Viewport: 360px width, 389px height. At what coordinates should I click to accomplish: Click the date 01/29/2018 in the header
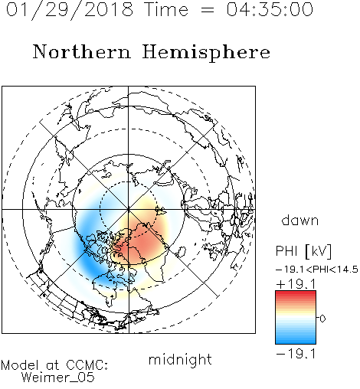coord(70,10)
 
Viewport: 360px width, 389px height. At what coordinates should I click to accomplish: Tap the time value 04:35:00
coord(270,9)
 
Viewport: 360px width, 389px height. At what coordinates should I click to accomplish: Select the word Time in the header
coord(166,9)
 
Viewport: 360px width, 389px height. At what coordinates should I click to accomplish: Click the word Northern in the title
coord(82,51)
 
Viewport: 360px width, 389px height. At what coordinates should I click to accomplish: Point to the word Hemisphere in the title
coord(206,53)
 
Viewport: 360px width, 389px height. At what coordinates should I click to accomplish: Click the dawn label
coord(300,220)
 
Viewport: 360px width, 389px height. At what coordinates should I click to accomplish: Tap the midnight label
coord(180,359)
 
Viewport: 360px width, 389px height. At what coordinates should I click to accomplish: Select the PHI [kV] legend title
coord(303,251)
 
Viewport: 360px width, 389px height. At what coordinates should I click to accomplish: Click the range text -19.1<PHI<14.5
coord(317,270)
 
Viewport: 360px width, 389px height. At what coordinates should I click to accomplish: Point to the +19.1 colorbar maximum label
coord(296,284)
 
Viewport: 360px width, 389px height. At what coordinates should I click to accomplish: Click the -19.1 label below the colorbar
coord(296,354)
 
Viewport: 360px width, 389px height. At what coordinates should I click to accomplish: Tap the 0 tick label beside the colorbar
coord(322,319)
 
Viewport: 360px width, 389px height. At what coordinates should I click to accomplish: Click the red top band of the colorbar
coord(296,295)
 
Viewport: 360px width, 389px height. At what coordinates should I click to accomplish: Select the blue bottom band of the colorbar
coord(296,339)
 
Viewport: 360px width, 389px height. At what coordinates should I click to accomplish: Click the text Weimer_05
coord(58,378)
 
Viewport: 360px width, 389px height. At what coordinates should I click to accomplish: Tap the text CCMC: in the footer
coord(87,365)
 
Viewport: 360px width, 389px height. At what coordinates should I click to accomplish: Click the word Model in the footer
coord(21,365)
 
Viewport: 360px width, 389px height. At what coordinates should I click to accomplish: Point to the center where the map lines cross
coord(129,210)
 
